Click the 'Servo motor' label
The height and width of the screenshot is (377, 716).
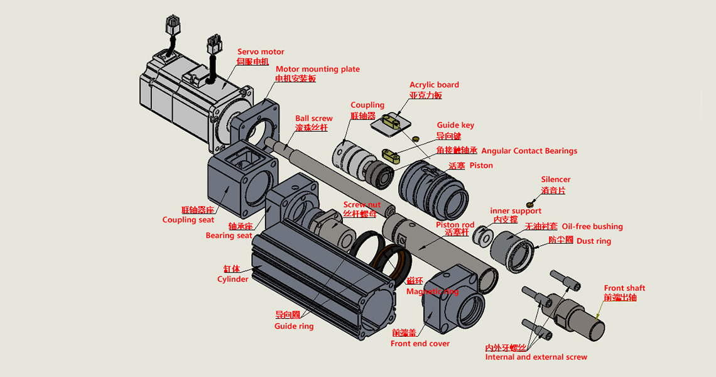tap(261, 52)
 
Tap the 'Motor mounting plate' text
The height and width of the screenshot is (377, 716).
tap(318, 69)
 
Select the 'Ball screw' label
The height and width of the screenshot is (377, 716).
tap(314, 118)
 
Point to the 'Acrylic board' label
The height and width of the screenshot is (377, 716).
tap(434, 85)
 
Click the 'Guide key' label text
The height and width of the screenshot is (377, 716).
tap(455, 125)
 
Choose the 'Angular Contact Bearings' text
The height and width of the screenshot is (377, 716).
tap(529, 151)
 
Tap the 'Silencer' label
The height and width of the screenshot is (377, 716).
tap(556, 180)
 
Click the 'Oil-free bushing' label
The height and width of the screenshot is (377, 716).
tap(592, 226)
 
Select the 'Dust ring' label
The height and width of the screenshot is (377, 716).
tap(594, 241)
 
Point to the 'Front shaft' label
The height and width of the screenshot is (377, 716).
tap(624, 288)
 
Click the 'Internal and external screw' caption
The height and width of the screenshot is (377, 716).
tap(536, 357)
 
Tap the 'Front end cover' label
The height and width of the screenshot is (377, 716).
tap(420, 344)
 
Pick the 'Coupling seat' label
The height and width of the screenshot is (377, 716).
tap(188, 220)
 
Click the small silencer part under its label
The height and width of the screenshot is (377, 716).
tap(530, 204)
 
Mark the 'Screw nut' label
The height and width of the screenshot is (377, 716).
tap(362, 205)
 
